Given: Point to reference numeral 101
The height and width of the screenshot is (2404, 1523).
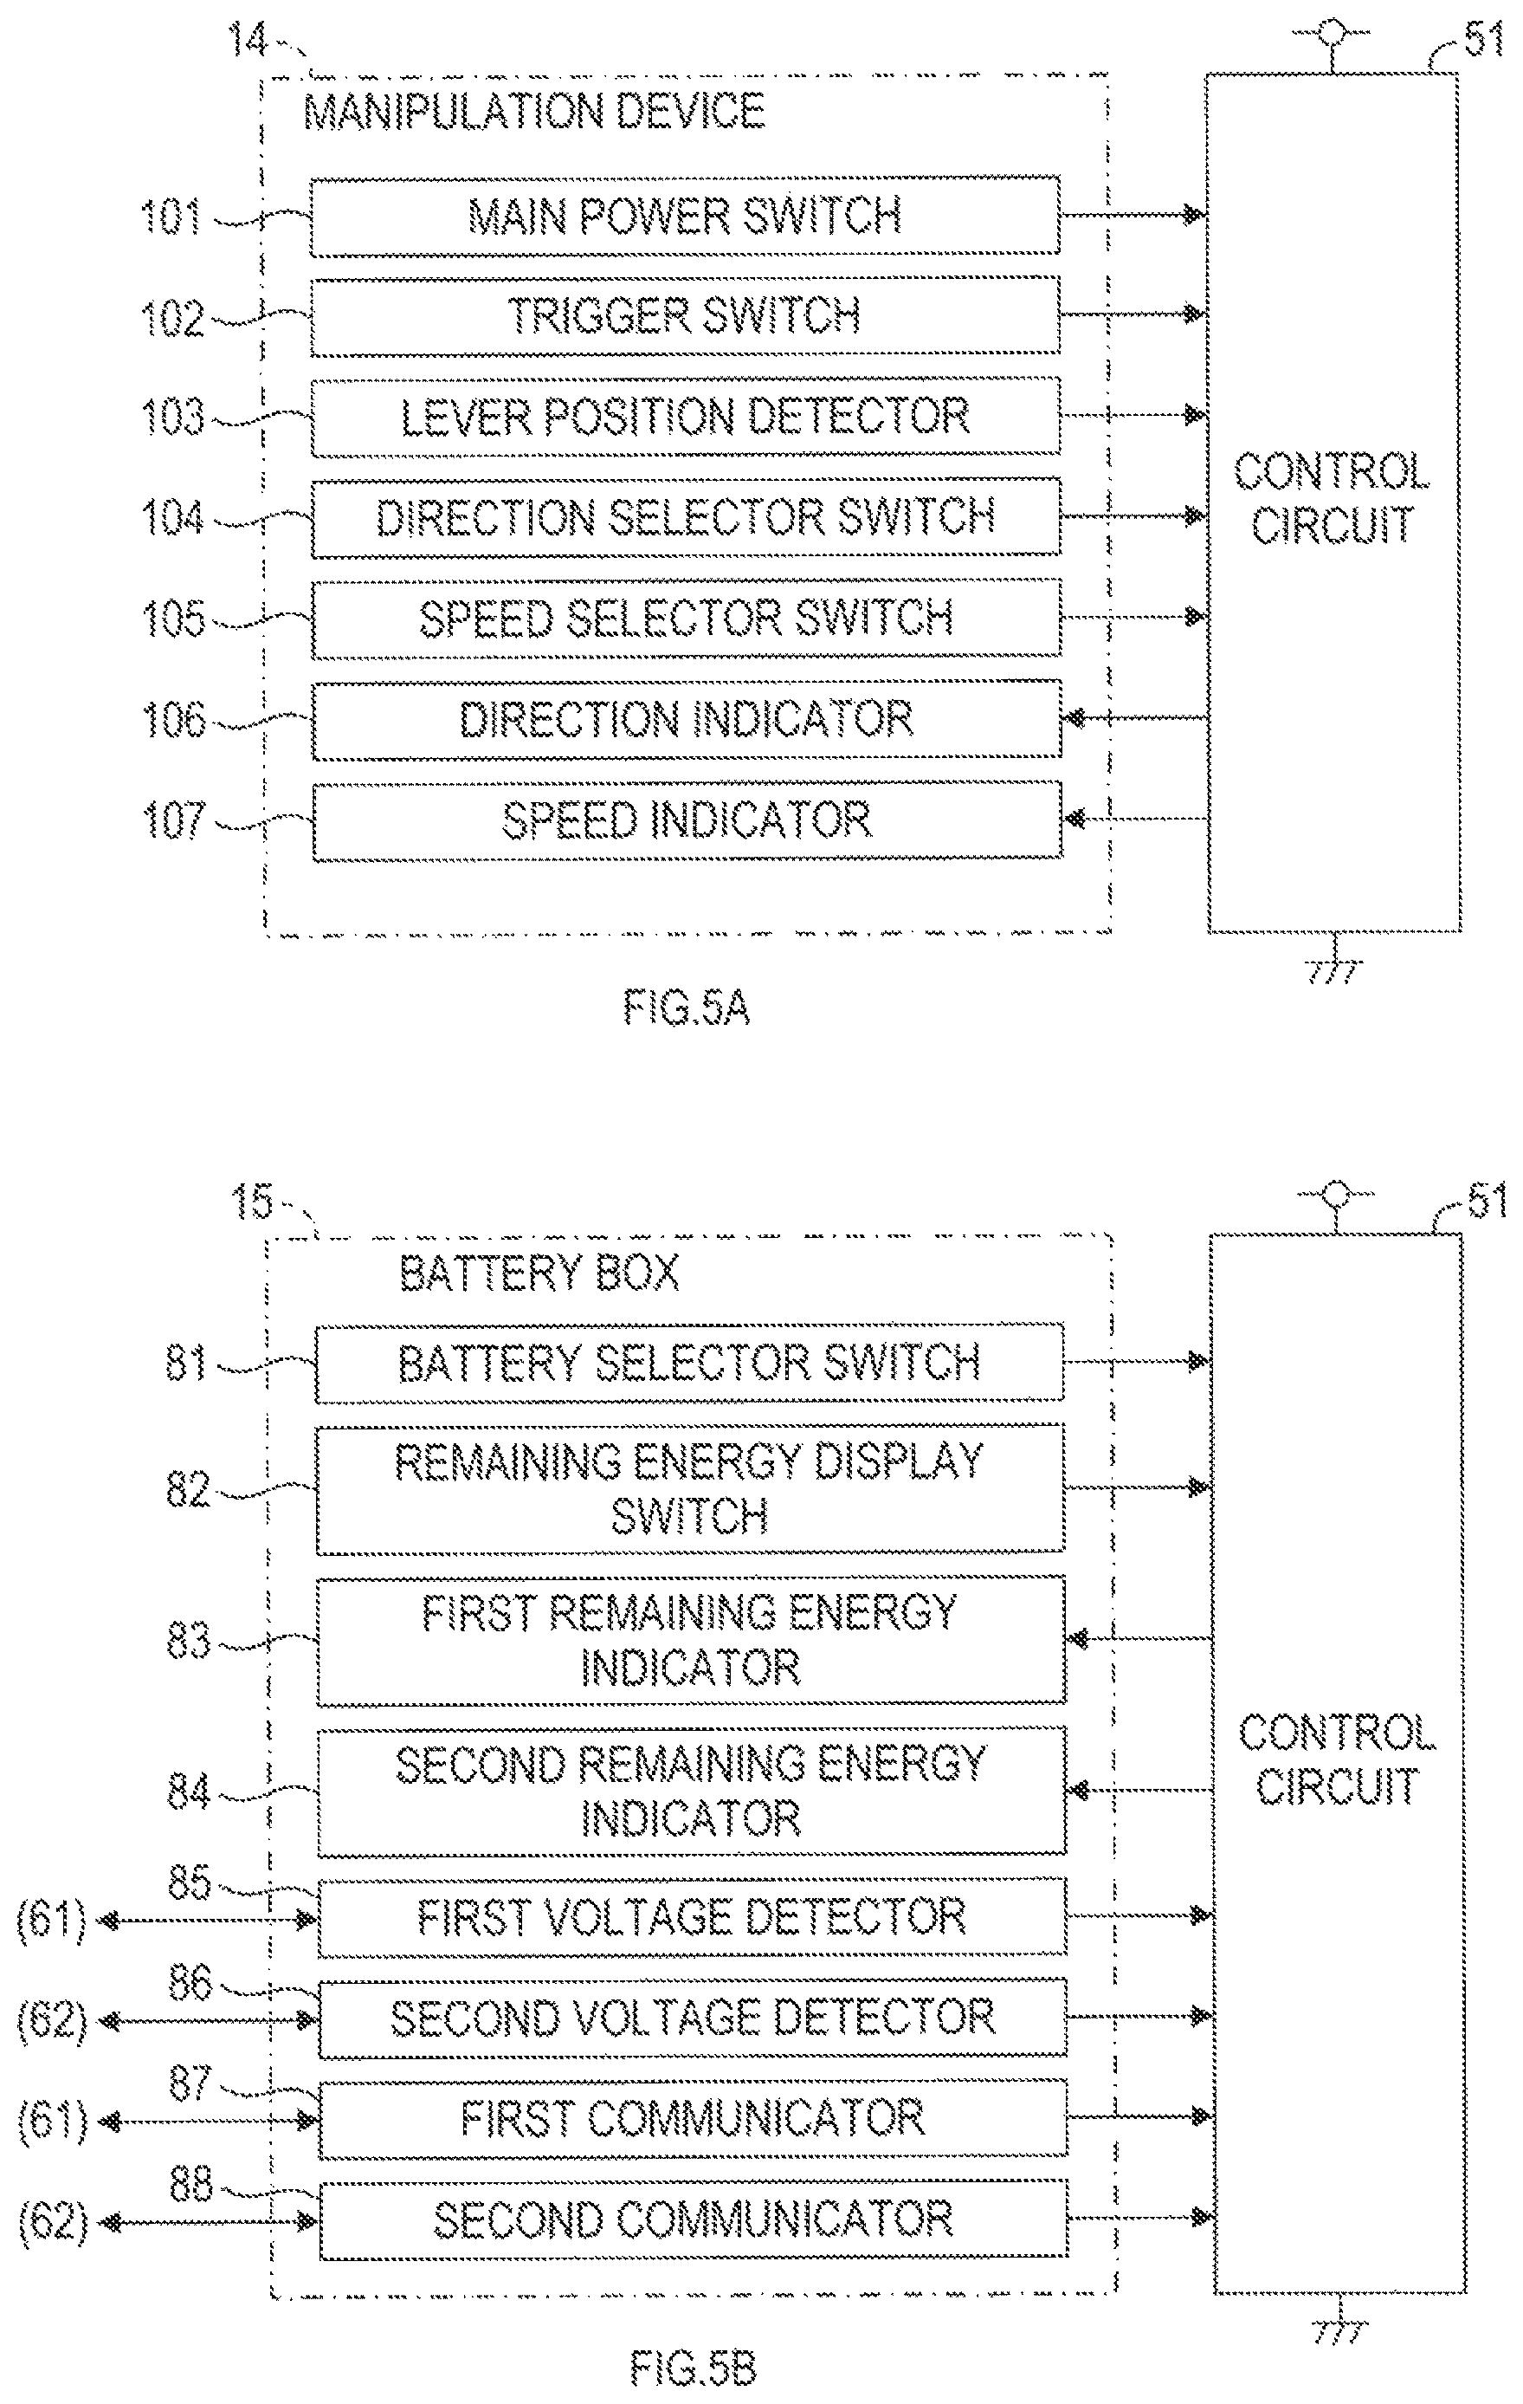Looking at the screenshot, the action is [171, 217].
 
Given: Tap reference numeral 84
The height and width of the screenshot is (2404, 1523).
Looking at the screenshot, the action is [189, 1791].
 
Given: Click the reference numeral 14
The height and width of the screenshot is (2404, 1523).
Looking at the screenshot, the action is [248, 40].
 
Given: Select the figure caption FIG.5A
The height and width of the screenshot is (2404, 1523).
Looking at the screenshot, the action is [687, 1008].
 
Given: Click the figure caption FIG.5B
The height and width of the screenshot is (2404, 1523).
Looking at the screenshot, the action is [693, 2367].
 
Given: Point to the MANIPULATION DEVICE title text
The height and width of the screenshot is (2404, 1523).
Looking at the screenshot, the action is [534, 111].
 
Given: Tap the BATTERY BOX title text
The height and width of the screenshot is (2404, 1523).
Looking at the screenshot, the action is [539, 1273].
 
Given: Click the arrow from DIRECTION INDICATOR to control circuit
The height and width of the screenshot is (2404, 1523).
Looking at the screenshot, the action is [1135, 719].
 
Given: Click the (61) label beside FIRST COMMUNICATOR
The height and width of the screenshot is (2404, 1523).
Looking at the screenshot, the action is [52, 2118].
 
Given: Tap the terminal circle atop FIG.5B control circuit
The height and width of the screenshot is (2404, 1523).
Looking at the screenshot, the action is [1335, 1194].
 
